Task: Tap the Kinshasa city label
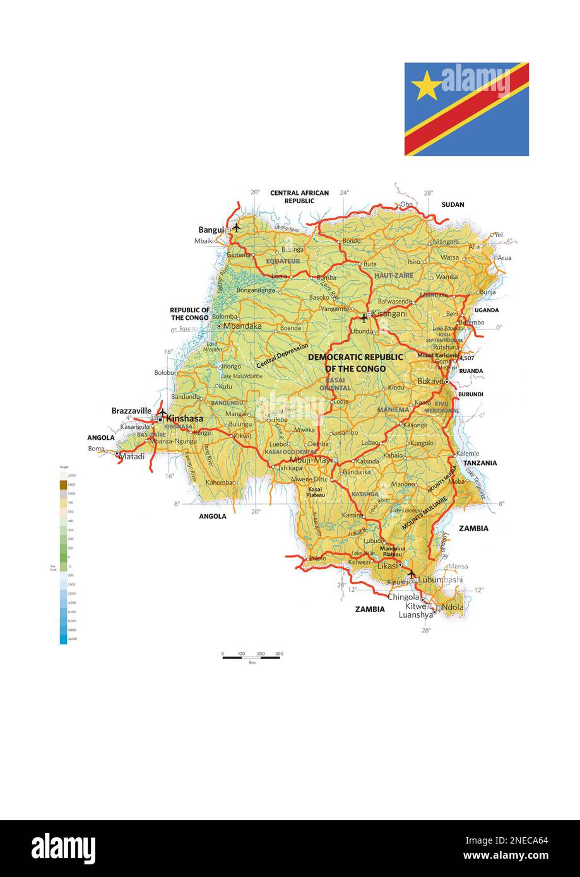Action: [x=184, y=418]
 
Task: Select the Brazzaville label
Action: [x=131, y=411]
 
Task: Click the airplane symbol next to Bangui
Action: [x=237, y=227]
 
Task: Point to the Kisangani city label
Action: [x=389, y=313]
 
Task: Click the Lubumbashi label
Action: [x=441, y=579]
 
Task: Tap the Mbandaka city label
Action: [x=243, y=326]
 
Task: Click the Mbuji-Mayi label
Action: [x=310, y=459]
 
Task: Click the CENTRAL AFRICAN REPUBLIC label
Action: [x=299, y=197]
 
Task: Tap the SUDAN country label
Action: [x=453, y=204]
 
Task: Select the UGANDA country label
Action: [x=487, y=310]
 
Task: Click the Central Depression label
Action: [x=282, y=356]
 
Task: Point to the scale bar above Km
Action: [x=251, y=657]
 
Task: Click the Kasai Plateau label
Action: [x=316, y=492]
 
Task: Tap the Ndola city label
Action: [x=453, y=607]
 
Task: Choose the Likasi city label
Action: [x=388, y=566]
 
